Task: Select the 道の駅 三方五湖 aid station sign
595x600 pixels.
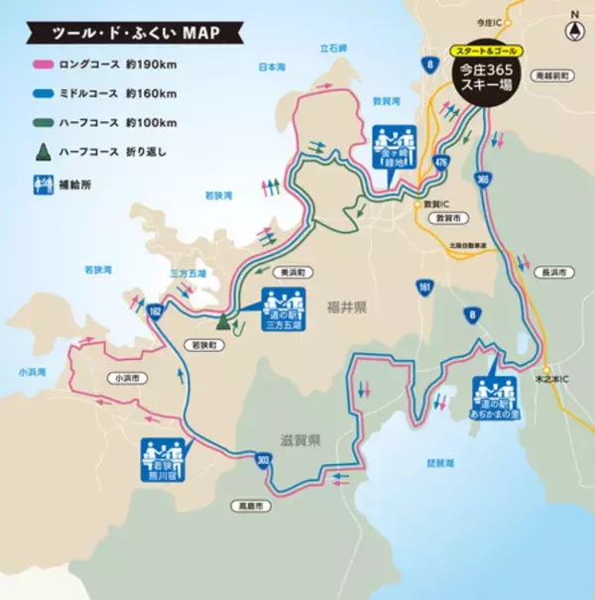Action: (x=285, y=309)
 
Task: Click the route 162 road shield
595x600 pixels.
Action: (x=155, y=311)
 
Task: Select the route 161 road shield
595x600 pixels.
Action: (x=425, y=287)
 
